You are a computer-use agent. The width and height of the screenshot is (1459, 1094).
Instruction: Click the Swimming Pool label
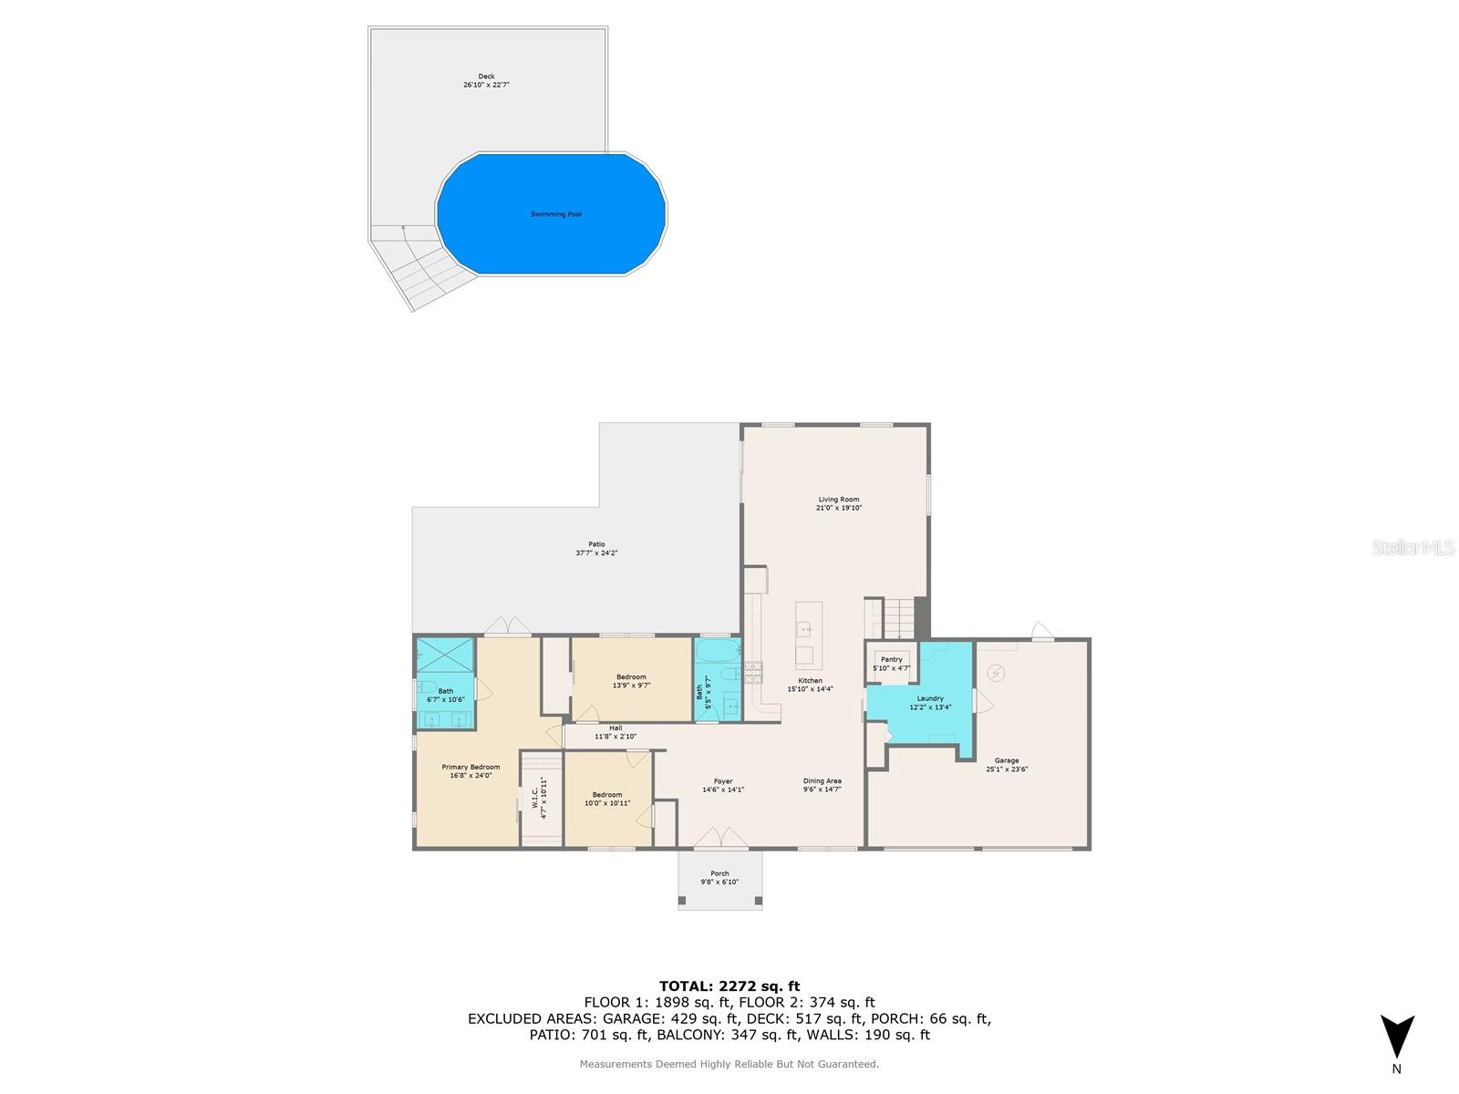coord(555,214)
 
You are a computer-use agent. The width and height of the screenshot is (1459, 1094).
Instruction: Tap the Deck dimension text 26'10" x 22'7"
coord(486,85)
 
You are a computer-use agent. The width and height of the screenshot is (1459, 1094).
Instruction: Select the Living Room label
coord(838,500)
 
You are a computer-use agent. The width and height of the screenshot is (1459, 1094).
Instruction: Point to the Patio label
coord(596,544)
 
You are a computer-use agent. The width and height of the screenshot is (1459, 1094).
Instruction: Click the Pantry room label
coord(891,659)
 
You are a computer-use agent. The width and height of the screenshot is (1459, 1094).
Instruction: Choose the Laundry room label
coord(930,698)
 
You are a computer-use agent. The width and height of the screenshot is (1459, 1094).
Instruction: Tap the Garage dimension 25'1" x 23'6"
coord(1007,769)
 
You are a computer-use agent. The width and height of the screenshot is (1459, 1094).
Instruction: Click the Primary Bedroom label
coord(471,767)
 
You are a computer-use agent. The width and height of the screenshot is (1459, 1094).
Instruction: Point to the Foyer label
coord(723,781)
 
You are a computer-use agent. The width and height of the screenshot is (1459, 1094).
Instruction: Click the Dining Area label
coord(822,781)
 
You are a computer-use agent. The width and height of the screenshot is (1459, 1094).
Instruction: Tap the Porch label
coord(719,873)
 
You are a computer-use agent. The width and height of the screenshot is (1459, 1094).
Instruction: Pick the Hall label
coord(616,728)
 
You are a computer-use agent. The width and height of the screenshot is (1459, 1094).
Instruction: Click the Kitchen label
coord(810,681)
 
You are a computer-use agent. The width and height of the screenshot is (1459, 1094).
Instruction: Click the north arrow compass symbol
coord(1396,1037)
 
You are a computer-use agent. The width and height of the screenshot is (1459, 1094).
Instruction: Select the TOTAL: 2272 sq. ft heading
coord(729,986)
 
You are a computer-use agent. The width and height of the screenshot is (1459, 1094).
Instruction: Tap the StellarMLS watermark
coord(1414,547)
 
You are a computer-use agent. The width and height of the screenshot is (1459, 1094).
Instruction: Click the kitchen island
coord(808,635)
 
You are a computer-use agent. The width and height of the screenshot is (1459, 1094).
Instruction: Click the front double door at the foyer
coord(720,838)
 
